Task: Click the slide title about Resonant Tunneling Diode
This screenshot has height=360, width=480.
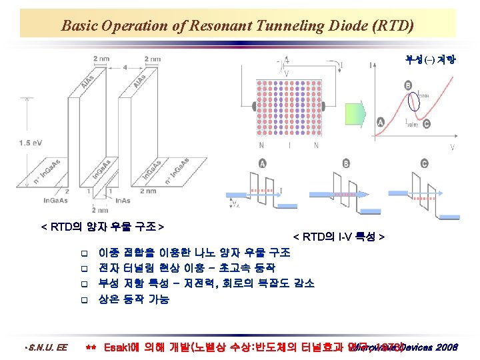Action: [x=237, y=26]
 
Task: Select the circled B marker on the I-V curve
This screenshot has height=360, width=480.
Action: [x=407, y=85]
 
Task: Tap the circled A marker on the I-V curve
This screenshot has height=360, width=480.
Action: [x=381, y=122]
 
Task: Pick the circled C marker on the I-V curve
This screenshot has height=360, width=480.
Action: [x=426, y=124]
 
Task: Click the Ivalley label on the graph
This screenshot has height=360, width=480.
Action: [x=412, y=123]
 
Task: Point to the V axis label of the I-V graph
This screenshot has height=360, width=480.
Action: [x=453, y=147]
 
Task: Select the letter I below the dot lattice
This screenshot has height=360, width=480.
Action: [x=288, y=145]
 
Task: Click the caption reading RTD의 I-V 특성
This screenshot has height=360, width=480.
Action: [x=339, y=237]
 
